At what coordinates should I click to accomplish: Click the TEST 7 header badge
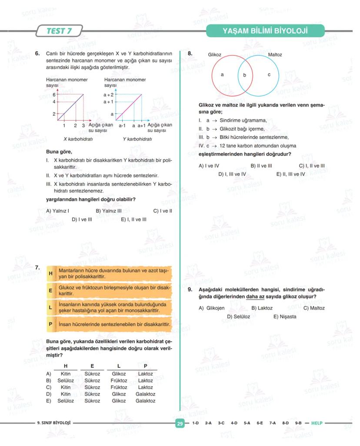coord(60,31)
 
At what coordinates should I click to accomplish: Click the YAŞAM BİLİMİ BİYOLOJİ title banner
coord(265,31)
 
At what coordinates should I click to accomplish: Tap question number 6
coord(37,54)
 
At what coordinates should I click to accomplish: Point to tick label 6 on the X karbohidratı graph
coord(54,94)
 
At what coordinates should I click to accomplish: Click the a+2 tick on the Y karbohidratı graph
coord(108,94)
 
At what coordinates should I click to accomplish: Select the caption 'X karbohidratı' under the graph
coord(78,139)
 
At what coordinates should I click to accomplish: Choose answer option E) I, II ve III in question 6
coord(133,220)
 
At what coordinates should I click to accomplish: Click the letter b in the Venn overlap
coord(244,75)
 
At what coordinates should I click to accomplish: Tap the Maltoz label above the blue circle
coord(275,55)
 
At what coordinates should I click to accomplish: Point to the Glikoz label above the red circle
coord(215,55)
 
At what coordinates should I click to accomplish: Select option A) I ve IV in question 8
coord(209,166)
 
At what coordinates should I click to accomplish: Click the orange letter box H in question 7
coord(50,273)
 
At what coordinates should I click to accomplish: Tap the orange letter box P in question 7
coord(50,324)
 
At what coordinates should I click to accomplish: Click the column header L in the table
coord(119,366)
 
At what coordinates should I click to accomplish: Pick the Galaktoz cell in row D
coord(145,394)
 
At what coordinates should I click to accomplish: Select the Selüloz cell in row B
coord(66,380)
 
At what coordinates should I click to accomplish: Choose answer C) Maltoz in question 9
coord(314,308)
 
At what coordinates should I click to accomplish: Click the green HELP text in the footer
coord(317,423)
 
